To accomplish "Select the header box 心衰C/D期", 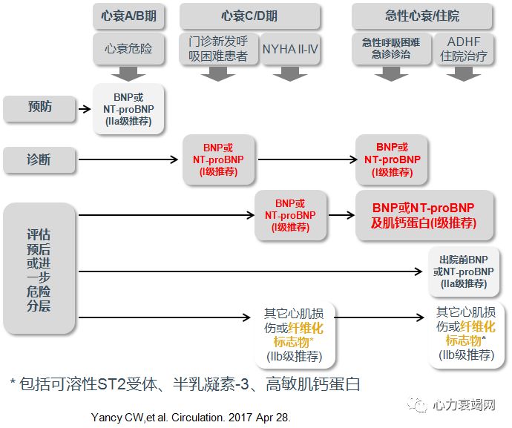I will coord(250,15).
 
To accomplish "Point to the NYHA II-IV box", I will coord(290,49).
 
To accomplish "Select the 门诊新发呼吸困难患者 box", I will coord(218,49).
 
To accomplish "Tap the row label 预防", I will coord(39,108).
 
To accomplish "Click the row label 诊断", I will coord(39,159).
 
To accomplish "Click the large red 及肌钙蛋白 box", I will coord(423,215).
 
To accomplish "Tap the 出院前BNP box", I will coord(464,271).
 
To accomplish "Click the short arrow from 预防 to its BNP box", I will coord(84,108).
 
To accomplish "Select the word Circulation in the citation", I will coord(202,418).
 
